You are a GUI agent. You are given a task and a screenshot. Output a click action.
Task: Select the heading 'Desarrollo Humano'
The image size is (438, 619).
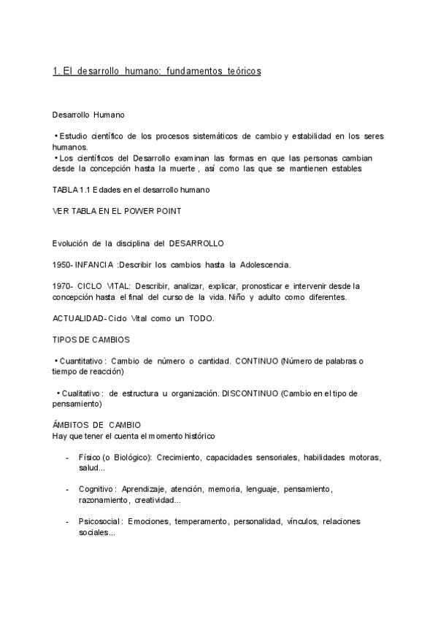click(x=88, y=115)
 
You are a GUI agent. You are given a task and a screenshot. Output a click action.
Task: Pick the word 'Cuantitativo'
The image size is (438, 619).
click(x=82, y=361)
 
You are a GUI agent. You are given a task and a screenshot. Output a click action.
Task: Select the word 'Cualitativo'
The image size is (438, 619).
click(x=82, y=393)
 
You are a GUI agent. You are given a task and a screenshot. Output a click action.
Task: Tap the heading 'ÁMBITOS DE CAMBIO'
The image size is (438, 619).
click(x=96, y=425)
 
